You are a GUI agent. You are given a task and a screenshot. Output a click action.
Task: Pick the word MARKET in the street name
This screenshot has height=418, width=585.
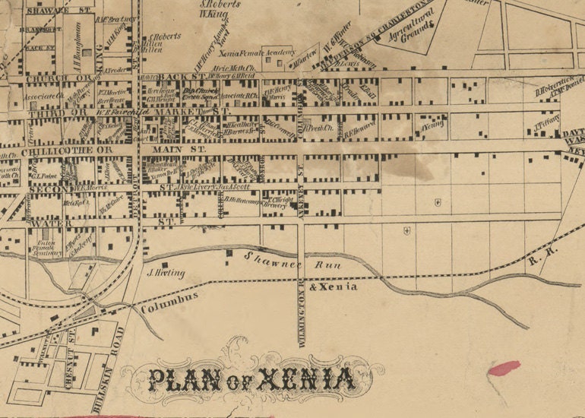pos(193,111)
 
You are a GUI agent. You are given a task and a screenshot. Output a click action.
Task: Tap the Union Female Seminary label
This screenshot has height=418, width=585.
pos(48,248)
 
